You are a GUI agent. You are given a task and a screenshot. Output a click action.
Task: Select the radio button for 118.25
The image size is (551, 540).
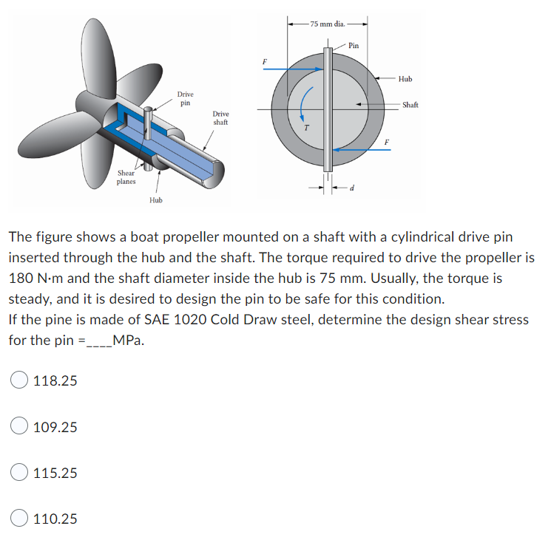(x=19, y=380)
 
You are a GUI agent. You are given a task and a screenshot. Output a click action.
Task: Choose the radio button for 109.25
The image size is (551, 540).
(x=19, y=427)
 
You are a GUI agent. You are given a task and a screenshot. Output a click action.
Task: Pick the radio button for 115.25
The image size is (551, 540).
(x=19, y=473)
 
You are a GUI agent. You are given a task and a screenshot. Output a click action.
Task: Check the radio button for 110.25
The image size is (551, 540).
(x=19, y=519)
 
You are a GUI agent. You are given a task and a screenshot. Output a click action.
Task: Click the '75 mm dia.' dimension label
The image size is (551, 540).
(x=328, y=24)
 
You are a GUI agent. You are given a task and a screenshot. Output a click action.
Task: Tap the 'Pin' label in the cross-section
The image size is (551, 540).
(x=354, y=46)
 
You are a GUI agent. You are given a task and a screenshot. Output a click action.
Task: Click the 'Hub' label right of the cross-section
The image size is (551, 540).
(x=405, y=78)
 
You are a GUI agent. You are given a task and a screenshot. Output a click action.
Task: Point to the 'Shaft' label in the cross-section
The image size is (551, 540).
(x=410, y=105)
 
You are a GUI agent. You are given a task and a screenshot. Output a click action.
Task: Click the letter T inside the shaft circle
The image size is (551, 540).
(x=306, y=129)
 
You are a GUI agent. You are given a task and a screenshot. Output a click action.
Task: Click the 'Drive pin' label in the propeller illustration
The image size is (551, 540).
(x=185, y=98)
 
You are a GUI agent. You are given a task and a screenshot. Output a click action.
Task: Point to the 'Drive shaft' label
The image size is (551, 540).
(x=220, y=118)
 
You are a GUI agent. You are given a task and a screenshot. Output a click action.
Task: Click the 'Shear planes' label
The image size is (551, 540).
(x=126, y=177)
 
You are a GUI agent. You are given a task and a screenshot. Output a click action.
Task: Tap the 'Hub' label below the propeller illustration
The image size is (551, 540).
(x=156, y=200)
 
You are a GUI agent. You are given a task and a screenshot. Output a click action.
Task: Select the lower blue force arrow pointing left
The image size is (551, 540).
(x=361, y=150)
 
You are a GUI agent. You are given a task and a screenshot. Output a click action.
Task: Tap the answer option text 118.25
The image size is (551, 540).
(x=55, y=380)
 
